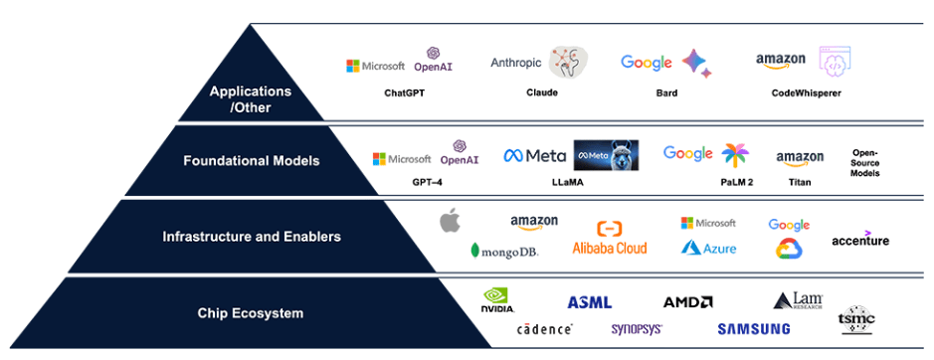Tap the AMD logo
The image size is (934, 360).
pyautogui.click(x=687, y=301)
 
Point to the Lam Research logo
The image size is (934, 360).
pyautogui.click(x=798, y=300)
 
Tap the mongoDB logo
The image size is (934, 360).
pyautogui.click(x=504, y=251)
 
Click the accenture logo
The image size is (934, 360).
pyautogui.click(x=860, y=240)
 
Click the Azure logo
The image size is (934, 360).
pyautogui.click(x=708, y=248)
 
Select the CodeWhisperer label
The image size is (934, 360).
pyautogui.click(x=806, y=92)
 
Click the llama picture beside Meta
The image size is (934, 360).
pyautogui.click(x=606, y=155)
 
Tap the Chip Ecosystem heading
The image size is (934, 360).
pyautogui.click(x=251, y=313)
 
